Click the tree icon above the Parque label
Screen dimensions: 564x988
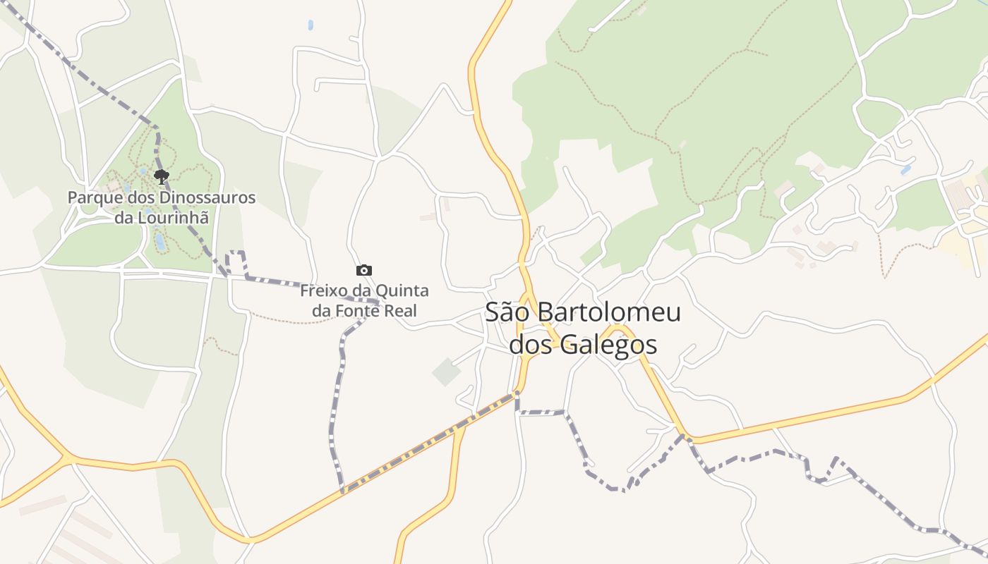[162, 176]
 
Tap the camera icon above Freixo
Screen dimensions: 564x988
[364, 270]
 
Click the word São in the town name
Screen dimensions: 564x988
[507, 312]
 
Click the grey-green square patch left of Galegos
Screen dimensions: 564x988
[446, 372]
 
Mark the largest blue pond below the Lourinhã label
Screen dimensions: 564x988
[160, 242]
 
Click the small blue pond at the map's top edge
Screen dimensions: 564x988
[311, 25]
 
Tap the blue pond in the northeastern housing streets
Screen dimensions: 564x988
[905, 170]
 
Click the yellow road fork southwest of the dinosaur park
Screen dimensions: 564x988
[68, 459]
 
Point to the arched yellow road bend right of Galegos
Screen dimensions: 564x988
[620, 329]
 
